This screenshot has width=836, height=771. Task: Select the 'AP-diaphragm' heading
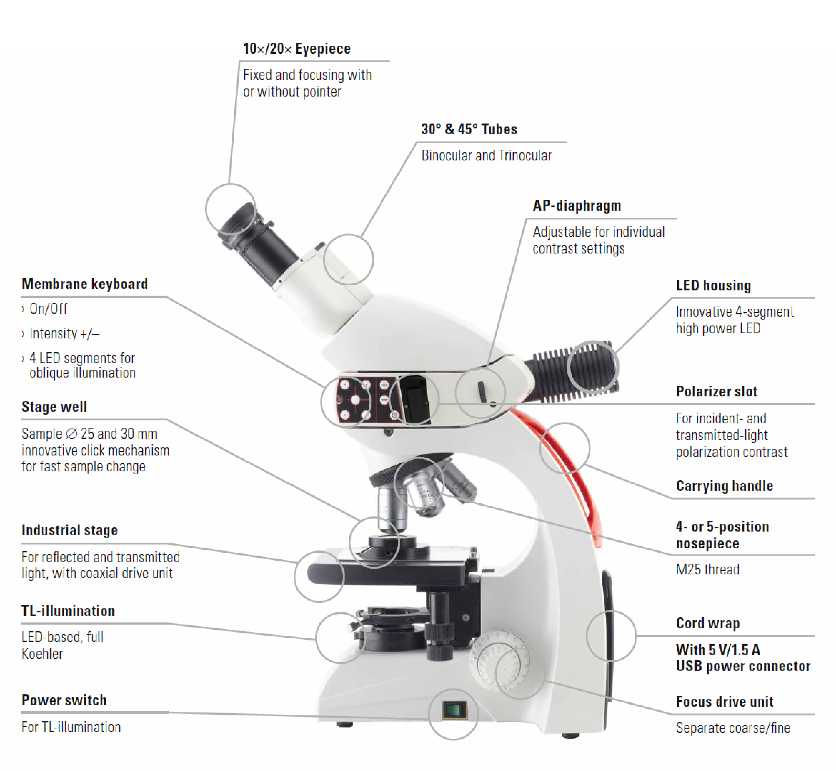point(577,206)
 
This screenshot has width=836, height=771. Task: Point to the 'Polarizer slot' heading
point(716,391)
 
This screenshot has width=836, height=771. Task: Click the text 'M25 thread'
point(708,570)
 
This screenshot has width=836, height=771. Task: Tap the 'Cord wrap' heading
point(708,623)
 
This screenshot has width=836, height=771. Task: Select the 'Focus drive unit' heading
point(725,702)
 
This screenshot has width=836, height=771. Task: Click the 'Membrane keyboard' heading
point(85,284)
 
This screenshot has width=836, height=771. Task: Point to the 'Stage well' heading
point(54,407)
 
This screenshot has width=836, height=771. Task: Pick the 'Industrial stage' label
point(70,530)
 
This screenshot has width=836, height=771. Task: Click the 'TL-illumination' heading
point(68,611)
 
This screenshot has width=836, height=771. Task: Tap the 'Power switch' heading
point(64,700)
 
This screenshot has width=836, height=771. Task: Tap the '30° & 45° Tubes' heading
point(469,129)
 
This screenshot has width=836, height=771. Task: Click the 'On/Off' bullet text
point(48,309)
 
